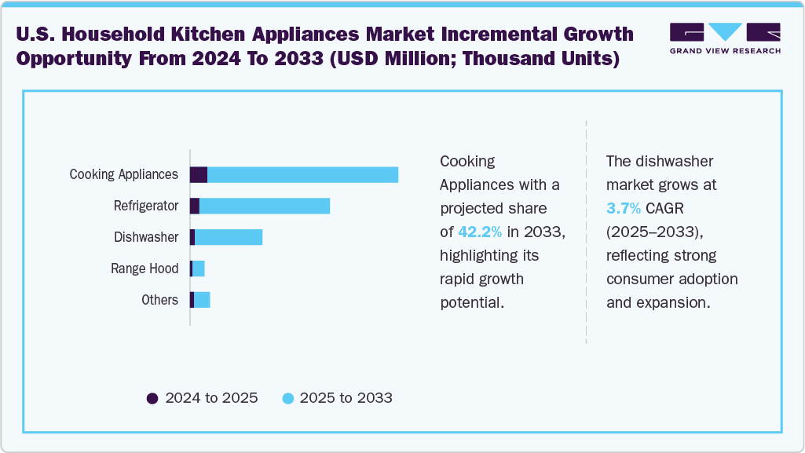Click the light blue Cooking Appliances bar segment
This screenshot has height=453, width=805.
click(x=302, y=174)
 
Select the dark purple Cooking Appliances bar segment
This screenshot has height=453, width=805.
click(x=199, y=174)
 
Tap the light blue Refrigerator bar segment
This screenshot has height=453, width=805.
click(x=265, y=206)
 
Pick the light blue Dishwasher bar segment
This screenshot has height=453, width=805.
click(x=229, y=237)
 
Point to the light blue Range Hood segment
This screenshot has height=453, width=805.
click(x=199, y=269)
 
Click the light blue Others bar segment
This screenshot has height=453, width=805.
click(x=202, y=300)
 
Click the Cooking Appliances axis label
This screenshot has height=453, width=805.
click(x=124, y=174)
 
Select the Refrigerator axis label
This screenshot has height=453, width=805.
click(x=146, y=206)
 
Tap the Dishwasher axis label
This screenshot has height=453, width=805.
click(x=146, y=237)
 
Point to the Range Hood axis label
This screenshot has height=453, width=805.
click(x=145, y=269)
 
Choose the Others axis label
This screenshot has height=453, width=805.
click(x=159, y=300)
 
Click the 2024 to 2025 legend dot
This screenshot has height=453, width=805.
click(x=153, y=398)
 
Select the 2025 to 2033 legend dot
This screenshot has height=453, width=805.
click(x=287, y=398)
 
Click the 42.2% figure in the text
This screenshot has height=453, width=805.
click(x=480, y=232)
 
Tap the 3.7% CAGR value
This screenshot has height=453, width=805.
click(x=624, y=208)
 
